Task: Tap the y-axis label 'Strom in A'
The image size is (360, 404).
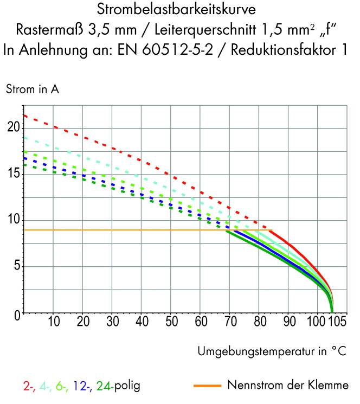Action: (32, 90)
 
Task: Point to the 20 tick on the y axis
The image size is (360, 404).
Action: (13, 127)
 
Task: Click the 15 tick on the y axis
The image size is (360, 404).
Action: (13, 174)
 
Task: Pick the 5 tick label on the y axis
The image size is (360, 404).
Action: (16, 266)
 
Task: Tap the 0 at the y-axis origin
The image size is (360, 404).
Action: (16, 313)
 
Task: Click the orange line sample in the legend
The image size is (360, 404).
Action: (208, 386)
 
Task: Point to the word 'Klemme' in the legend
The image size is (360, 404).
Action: (330, 386)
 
